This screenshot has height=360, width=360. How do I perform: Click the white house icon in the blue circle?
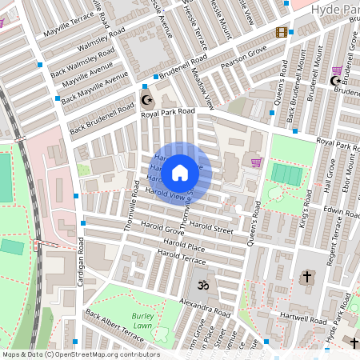coord(180,172)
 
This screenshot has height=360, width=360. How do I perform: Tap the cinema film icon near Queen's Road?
coord(281,33)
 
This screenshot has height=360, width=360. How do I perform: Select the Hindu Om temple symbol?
coord(200,286)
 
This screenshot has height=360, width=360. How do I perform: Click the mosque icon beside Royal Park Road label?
coord(146,100)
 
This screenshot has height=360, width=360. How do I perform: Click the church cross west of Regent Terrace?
coord(306,277)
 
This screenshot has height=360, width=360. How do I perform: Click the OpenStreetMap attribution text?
coord(80,354)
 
